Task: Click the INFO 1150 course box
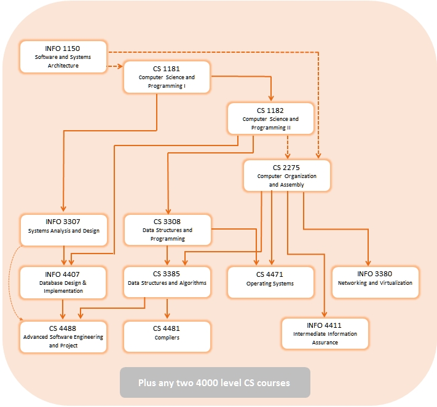click(63, 57)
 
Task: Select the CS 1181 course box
click(167, 77)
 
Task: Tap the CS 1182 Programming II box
click(270, 118)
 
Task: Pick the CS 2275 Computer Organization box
click(287, 176)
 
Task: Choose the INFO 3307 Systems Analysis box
click(64, 230)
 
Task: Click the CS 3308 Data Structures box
click(168, 230)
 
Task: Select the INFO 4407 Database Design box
click(63, 282)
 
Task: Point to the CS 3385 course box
click(167, 282)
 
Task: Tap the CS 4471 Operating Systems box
click(270, 282)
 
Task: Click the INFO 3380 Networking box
click(375, 282)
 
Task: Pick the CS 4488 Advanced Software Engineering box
click(63, 337)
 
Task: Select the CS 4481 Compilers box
click(167, 336)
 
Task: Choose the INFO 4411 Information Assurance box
click(325, 333)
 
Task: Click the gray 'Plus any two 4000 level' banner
click(215, 382)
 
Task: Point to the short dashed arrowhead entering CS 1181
click(120, 66)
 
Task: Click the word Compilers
click(167, 338)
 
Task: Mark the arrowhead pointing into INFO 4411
click(324, 314)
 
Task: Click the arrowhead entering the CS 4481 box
click(167, 316)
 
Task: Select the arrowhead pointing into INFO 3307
click(63, 208)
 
